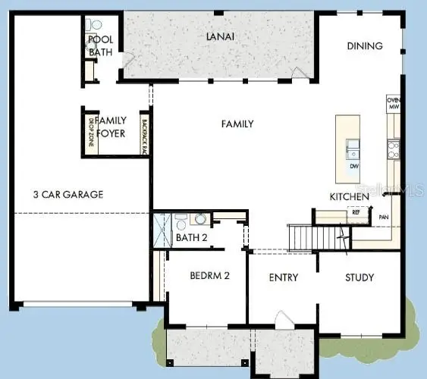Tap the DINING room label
coord(365,45)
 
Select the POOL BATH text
coord(100,45)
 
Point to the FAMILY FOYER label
coord(111,125)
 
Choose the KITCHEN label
coord(349,197)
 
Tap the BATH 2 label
coord(191,238)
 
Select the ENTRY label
coord(283,277)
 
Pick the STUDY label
coord(359,277)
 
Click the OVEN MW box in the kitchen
coord(393,104)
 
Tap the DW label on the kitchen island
coord(354,165)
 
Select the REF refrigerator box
coord(356,213)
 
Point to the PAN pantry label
coord(384,218)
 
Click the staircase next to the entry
coord(311,237)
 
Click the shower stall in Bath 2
coord(161,228)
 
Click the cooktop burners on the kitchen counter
coord(393,149)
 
